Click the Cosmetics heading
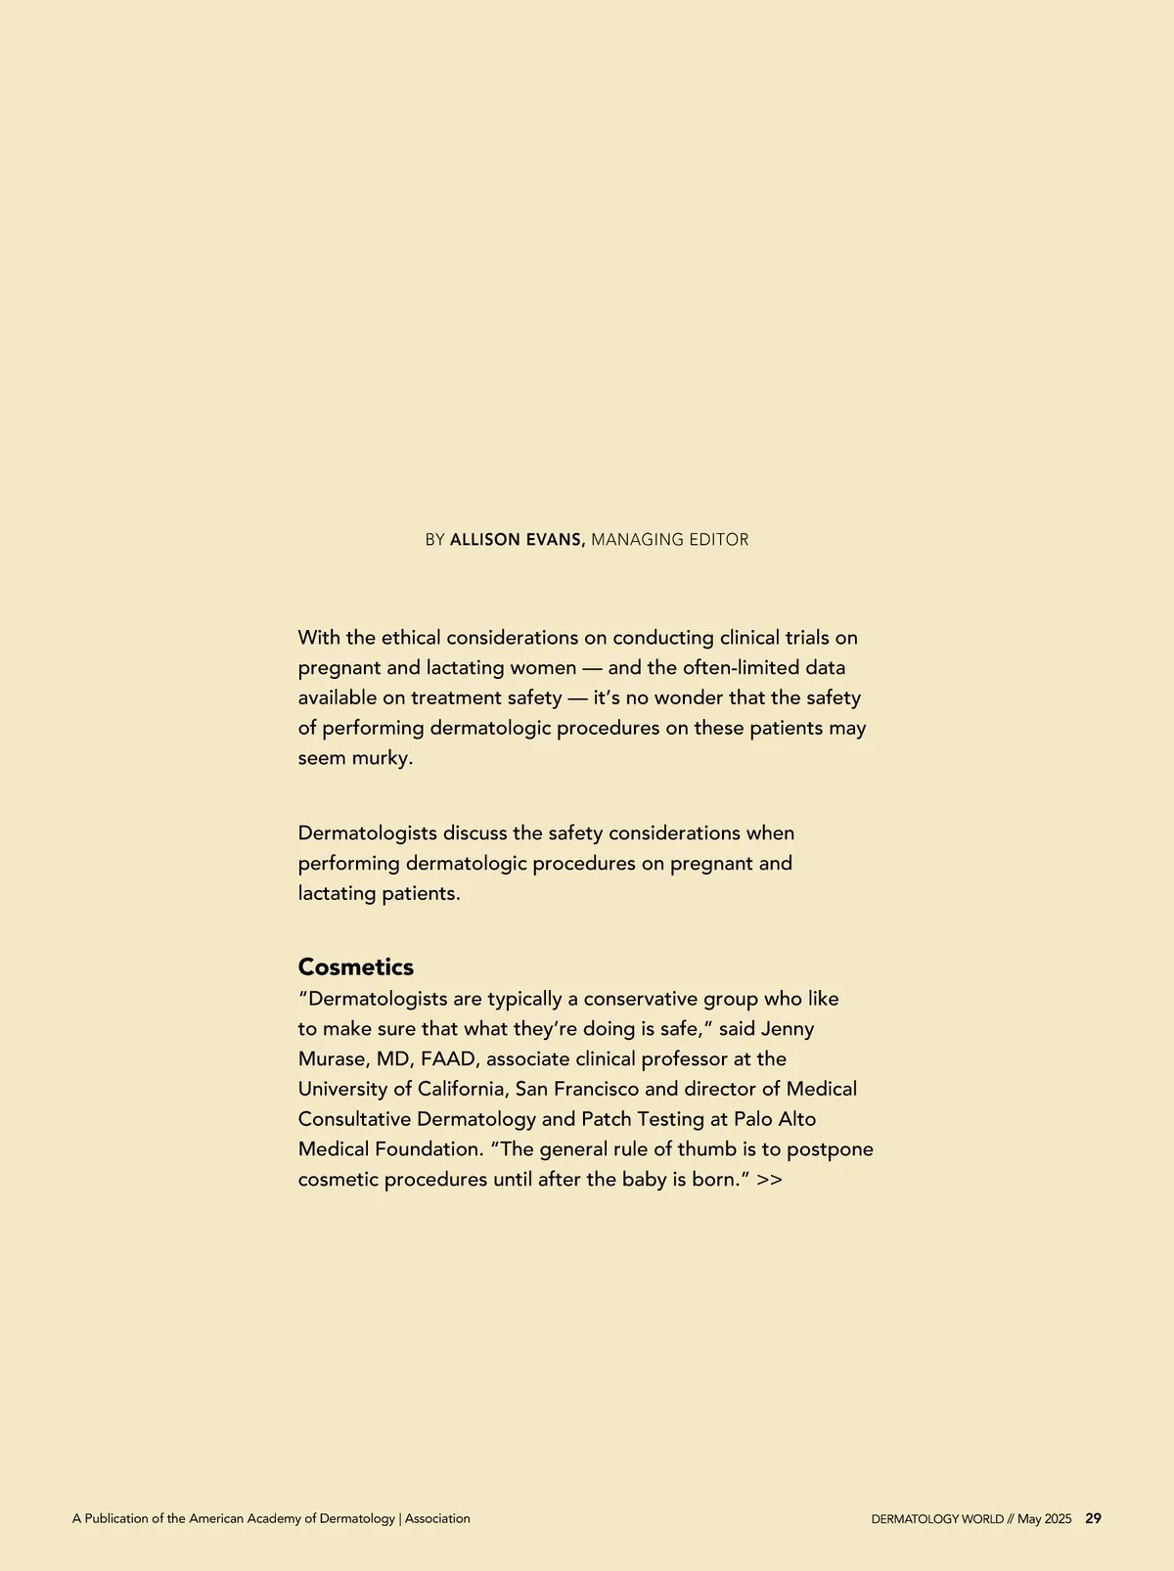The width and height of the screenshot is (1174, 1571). tap(356, 966)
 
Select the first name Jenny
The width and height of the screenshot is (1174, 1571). tap(788, 1029)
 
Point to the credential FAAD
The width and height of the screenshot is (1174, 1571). tap(448, 1059)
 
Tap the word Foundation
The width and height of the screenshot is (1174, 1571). tap(429, 1149)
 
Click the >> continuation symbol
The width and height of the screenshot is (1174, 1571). tap(769, 1180)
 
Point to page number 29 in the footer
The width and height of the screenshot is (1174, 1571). tap(1093, 1519)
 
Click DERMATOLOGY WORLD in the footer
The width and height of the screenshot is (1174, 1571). tap(937, 1519)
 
